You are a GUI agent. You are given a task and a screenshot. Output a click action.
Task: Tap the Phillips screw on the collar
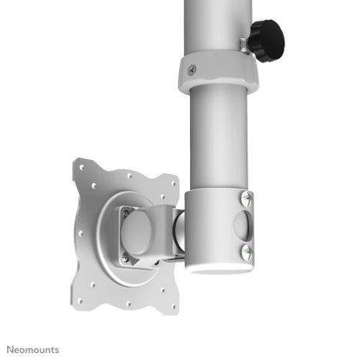(x=191, y=69)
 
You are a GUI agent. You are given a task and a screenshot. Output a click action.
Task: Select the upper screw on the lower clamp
(x=248, y=196)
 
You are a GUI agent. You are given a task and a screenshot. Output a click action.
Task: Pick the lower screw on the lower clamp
(x=246, y=250)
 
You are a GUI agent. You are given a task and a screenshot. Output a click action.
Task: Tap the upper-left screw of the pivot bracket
(x=125, y=212)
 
